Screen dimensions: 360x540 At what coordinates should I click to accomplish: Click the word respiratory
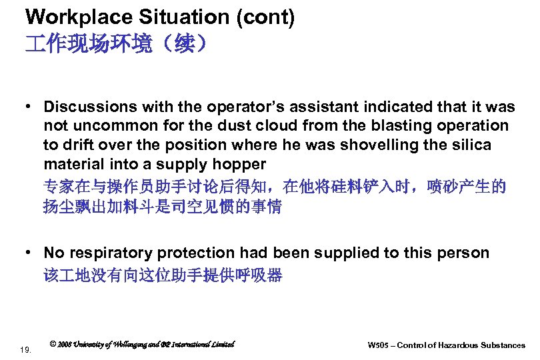[110, 253]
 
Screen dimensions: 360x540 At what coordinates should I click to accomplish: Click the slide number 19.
[25, 348]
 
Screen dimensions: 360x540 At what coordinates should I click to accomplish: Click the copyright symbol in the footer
[53, 345]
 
